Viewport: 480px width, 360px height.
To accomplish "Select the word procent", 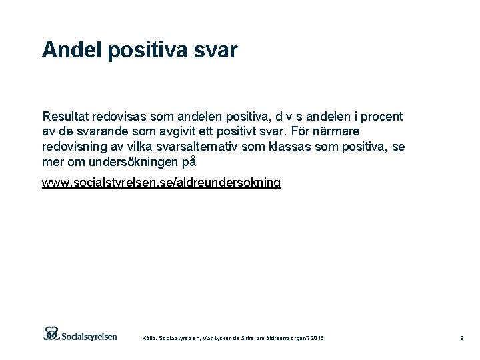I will (381, 116).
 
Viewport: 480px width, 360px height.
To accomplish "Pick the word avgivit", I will (195, 131).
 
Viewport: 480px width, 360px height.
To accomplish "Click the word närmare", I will (335, 131).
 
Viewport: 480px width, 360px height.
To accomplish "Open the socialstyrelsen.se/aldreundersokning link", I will (161, 182).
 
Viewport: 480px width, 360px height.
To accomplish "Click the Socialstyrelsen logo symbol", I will (52, 333).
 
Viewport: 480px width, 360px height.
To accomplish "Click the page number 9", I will (461, 339).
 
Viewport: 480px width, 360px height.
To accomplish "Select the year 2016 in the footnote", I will (317, 339).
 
